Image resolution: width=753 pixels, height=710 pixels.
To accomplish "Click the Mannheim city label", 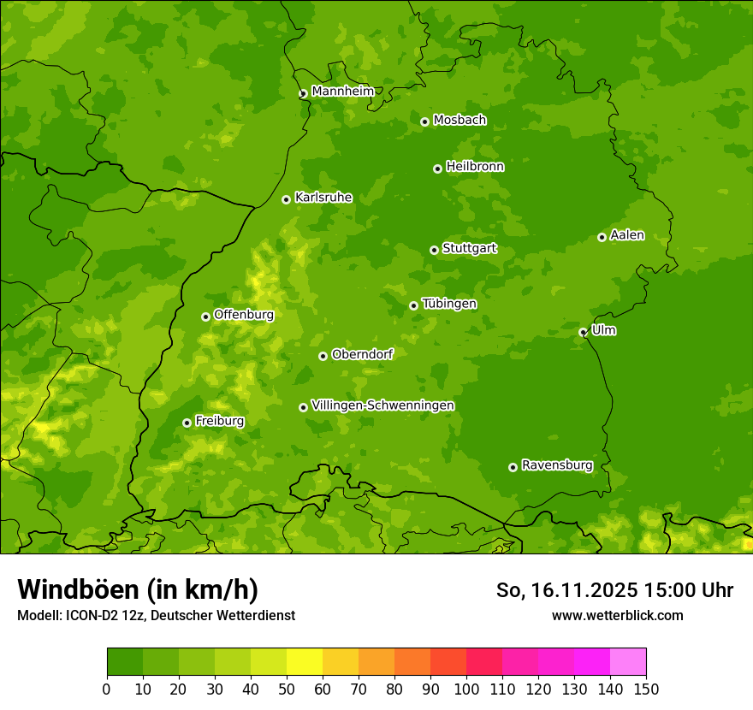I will pos(342,92).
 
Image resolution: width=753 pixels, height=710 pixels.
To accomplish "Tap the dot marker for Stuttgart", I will pos(434,250).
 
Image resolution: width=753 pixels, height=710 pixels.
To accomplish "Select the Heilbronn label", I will pos(475,167).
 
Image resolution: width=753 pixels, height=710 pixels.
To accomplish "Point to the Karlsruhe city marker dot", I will pos(286,199).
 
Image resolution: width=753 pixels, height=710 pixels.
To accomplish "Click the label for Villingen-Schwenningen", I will pos(382,405).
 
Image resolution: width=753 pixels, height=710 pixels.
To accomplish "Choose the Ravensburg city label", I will pos(556,465).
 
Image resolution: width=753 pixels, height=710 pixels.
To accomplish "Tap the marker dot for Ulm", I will pos(583,332).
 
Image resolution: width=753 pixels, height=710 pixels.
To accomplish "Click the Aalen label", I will pos(627,235).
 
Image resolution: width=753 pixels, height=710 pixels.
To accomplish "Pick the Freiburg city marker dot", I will pos(187,423).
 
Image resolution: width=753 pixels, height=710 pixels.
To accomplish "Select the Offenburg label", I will pos(244,315).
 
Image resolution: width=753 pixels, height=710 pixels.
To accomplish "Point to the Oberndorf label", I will pos(362,354).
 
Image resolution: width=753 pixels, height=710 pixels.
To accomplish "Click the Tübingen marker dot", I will pos(413,305).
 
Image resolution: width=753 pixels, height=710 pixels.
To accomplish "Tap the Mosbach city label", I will pos(460,121).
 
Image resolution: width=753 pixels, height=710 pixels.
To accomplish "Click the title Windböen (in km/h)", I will pos(137,589).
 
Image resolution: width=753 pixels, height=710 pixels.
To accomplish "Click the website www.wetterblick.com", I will pos(617,615).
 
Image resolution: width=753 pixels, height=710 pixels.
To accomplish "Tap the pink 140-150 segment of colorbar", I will pos(628,661).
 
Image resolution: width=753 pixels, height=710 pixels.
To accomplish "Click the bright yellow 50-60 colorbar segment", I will pos(305,661).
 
